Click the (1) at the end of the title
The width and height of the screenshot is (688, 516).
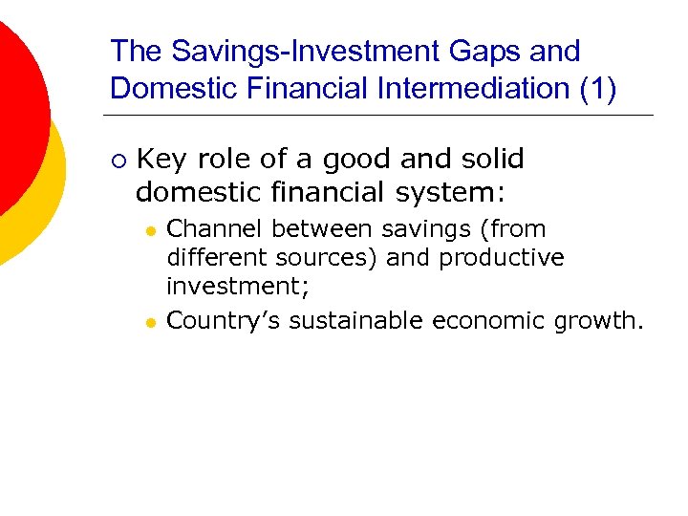coord(597,88)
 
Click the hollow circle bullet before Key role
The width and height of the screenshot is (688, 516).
coord(117,160)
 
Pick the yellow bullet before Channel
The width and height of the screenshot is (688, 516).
coord(150,231)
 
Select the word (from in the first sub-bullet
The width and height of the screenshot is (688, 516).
coord(512,229)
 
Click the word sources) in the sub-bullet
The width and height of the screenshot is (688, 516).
coord(332,258)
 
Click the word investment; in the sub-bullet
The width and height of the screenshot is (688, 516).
coord(238,287)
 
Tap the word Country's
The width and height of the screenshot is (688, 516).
coord(224,321)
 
